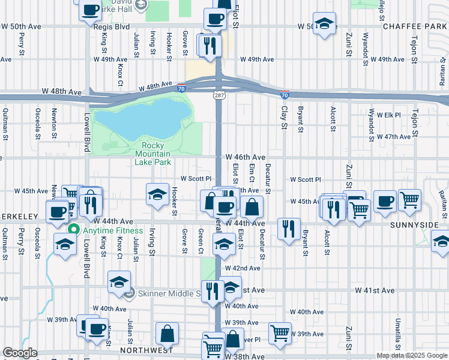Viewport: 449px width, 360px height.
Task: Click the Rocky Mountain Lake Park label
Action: point(156,154)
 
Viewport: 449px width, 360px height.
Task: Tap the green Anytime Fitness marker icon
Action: point(74,230)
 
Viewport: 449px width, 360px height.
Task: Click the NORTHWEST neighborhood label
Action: point(146,350)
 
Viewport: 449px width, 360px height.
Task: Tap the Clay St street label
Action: point(285,118)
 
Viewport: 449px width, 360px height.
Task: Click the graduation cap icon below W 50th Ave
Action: point(324,24)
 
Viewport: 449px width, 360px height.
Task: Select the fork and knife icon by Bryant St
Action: point(289,229)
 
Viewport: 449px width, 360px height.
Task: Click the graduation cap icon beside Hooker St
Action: point(157,194)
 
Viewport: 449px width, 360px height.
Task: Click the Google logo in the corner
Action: point(20,353)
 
